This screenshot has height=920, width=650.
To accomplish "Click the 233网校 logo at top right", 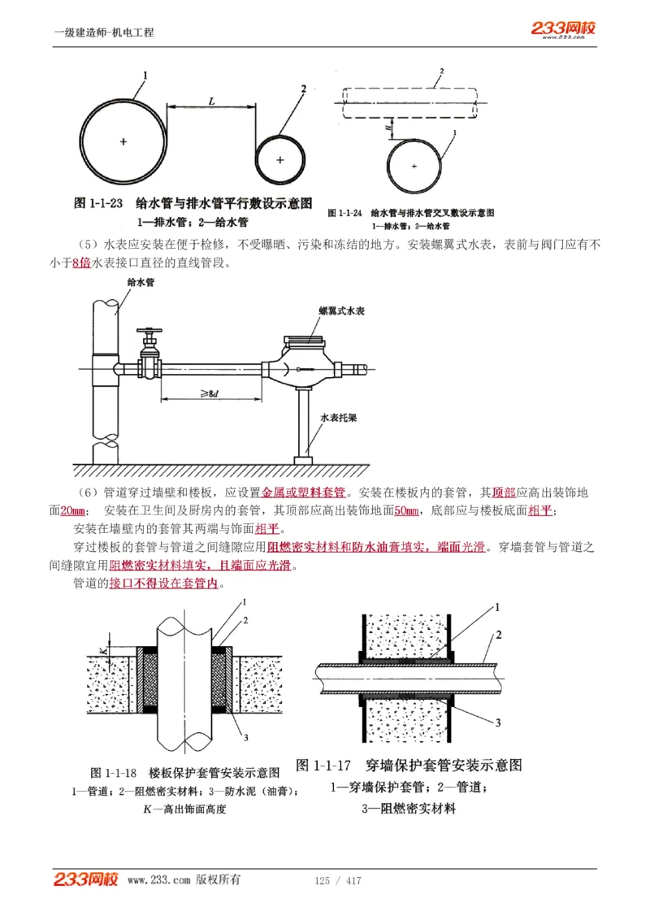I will tap(564, 29).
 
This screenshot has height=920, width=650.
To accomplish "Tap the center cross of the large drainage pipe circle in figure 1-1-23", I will tap(123, 141).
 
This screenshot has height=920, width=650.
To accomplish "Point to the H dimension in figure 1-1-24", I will tap(388, 126).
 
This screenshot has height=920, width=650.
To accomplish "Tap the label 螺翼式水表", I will tap(341, 310).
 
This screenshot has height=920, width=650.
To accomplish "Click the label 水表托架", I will tap(337, 417).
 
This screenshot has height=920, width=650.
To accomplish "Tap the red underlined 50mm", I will tap(406, 511).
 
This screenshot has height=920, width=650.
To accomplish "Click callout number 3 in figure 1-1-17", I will tap(497, 723).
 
